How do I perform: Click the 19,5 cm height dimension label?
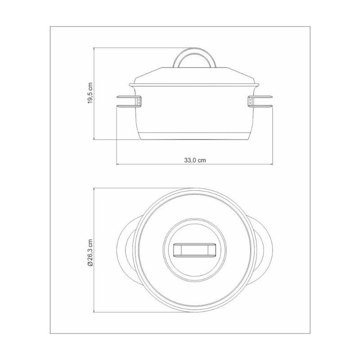pyautogui.click(x=90, y=93)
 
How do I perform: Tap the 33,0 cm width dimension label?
pyautogui.click(x=195, y=160)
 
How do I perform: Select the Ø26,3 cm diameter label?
pyautogui.click(x=90, y=252)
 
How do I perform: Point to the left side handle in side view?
pyautogui.click(x=129, y=101)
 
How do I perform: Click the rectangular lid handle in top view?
pyautogui.click(x=195, y=250)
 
